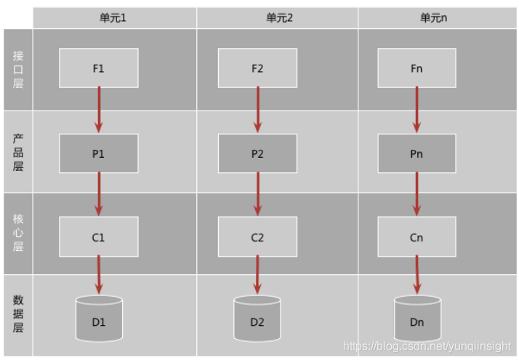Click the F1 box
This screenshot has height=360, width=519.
click(x=99, y=68)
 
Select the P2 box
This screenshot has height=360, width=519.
click(x=257, y=153)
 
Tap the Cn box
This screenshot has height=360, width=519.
click(x=417, y=237)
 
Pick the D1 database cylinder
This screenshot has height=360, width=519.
click(x=99, y=318)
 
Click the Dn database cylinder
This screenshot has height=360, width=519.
click(x=417, y=318)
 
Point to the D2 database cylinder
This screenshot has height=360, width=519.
click(x=257, y=318)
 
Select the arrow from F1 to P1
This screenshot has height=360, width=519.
click(x=99, y=110)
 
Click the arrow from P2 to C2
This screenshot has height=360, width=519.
click(x=257, y=194)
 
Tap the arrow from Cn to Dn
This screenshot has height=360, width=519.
click(x=417, y=276)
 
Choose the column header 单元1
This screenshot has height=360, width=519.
click(x=113, y=17)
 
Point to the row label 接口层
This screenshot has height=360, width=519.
click(x=18, y=69)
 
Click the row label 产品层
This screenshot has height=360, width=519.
click(x=18, y=152)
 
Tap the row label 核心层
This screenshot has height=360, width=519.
click(x=18, y=233)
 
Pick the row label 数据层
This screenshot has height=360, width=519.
click(x=18, y=314)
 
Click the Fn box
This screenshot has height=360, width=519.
click(x=417, y=68)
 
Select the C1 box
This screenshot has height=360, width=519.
click(x=99, y=237)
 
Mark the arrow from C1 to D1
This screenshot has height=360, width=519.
click(x=99, y=276)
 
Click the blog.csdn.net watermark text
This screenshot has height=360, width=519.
click(x=426, y=347)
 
